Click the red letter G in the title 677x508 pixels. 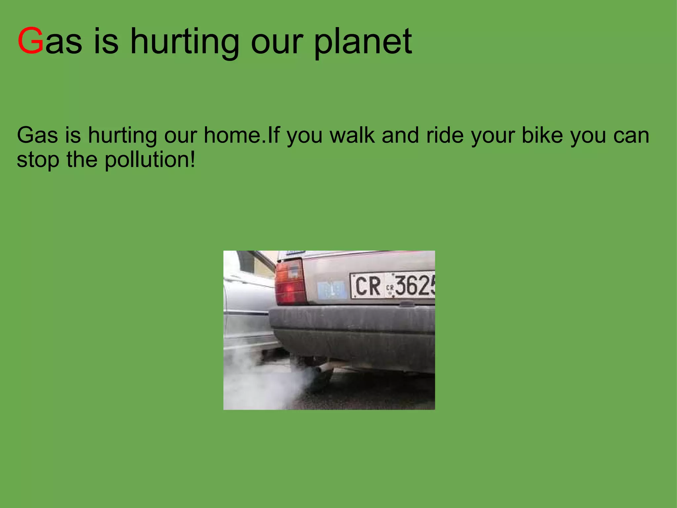30,41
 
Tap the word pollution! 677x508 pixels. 150,160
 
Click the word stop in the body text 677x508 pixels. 38,160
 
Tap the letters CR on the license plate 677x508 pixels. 368,286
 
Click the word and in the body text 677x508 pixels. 400,135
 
